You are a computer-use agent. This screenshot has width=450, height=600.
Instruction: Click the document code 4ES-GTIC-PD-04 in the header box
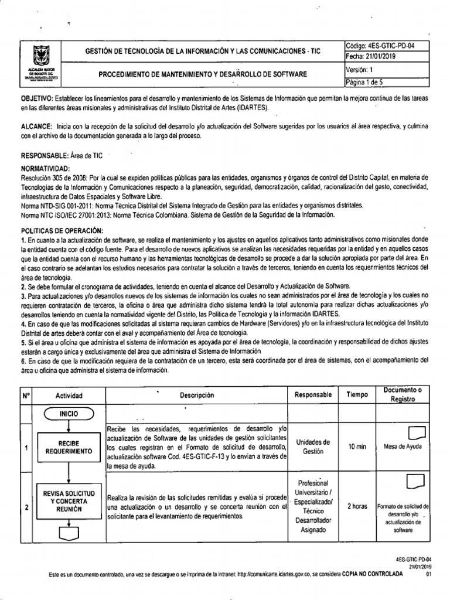(380, 46)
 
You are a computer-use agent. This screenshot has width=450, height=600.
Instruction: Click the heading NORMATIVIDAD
(46, 169)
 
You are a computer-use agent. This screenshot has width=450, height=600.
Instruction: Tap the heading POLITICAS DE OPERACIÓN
(62, 231)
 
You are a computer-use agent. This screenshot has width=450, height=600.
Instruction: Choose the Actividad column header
(69, 396)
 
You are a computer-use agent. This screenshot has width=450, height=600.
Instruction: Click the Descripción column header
(197, 395)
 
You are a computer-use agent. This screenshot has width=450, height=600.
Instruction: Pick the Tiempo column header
(357, 395)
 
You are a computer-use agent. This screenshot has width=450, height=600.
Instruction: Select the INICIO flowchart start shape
(67, 414)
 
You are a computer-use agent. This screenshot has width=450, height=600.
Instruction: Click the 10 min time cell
(357, 446)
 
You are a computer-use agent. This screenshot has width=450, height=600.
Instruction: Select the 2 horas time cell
(357, 505)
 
